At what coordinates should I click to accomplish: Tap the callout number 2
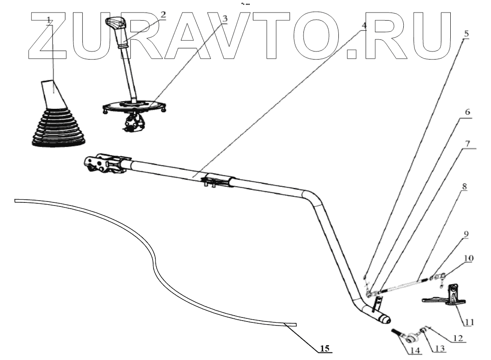pos(162,14)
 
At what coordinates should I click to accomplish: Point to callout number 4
pos(364,25)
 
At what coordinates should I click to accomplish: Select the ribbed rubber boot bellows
pos(58,128)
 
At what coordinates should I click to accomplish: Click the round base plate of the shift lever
pos(135,106)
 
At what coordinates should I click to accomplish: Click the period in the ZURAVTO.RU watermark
pos(353,53)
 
